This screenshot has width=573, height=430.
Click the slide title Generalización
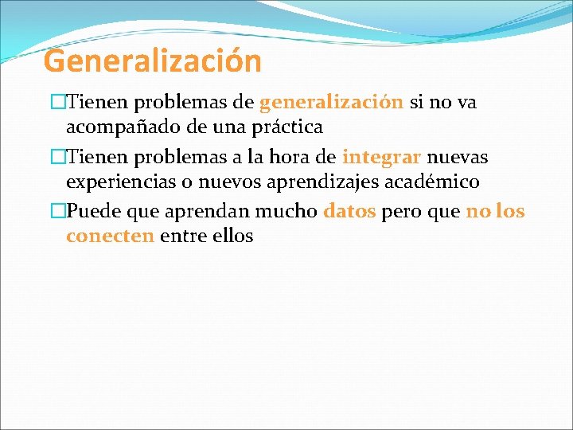click(x=152, y=61)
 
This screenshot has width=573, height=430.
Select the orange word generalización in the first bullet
click(x=331, y=103)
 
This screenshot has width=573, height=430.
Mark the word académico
click(x=435, y=182)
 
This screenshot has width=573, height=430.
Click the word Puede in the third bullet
click(x=92, y=212)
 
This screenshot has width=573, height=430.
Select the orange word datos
click(x=349, y=212)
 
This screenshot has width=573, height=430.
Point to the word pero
click(x=402, y=213)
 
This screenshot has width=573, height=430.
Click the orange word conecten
click(x=110, y=236)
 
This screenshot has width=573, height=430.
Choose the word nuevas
click(x=460, y=157)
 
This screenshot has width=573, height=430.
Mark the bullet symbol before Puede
click(x=57, y=212)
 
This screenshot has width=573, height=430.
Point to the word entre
click(x=184, y=236)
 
